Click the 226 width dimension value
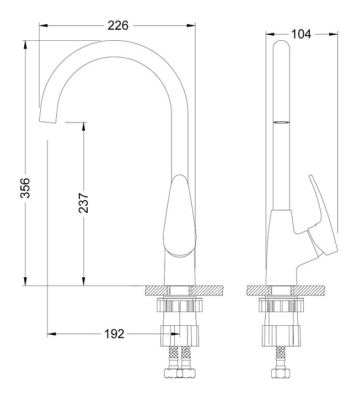tap(117, 25)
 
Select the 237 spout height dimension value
tap(83, 202)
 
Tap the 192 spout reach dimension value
tap(114, 334)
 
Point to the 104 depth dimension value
tap(301, 34)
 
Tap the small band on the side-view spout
tap(281, 121)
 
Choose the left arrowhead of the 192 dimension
tap(51, 334)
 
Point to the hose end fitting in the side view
tap(282, 373)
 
